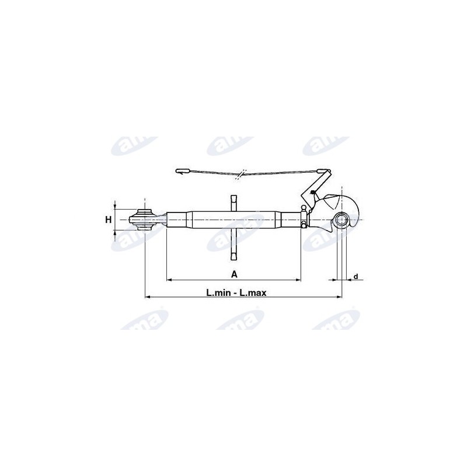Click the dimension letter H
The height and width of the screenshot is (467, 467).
click(x=109, y=220)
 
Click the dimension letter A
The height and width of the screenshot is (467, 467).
click(x=235, y=274)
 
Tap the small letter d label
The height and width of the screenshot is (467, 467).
click(x=356, y=277)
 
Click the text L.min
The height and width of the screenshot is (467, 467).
click(x=218, y=293)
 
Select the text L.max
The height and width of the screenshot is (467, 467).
click(x=253, y=293)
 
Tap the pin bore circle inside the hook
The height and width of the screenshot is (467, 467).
click(x=341, y=220)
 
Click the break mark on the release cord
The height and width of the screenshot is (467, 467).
click(x=241, y=175)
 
